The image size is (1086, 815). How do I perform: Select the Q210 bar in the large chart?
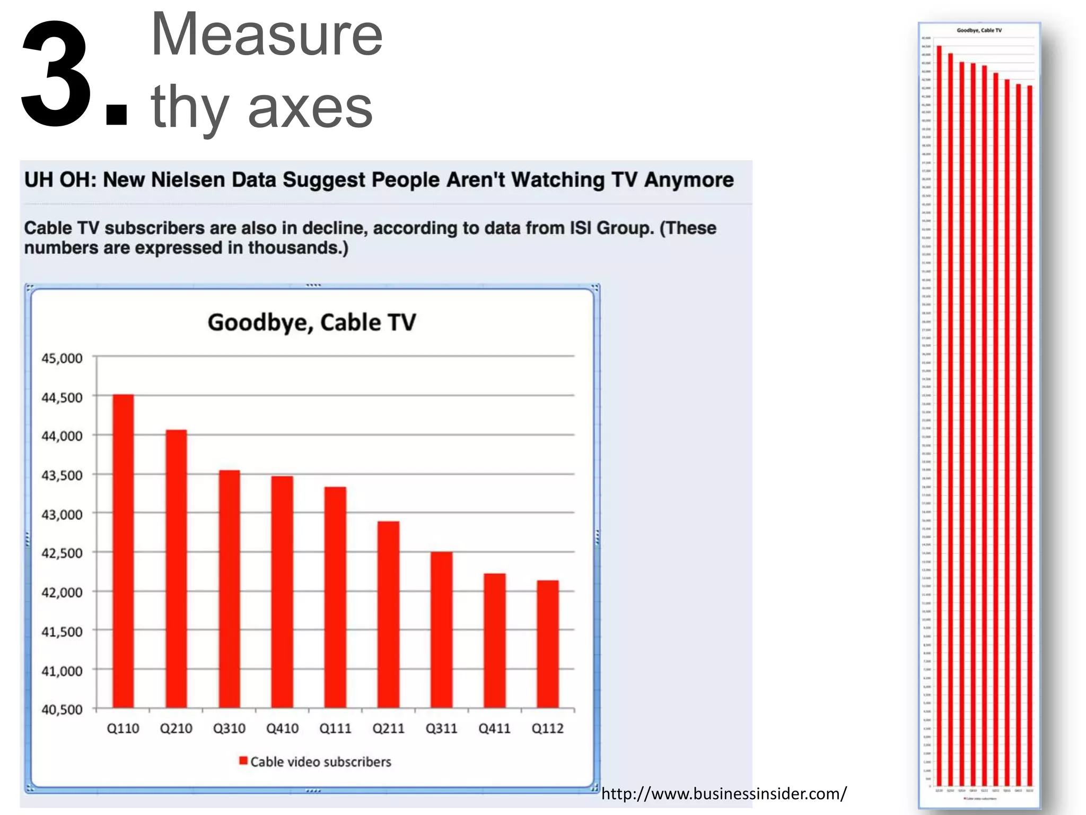coord(176,568)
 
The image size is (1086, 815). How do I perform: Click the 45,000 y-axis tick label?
coord(62,359)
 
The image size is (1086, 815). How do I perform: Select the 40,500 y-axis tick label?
coord(62,710)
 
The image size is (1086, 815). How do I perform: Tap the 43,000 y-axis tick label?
coord(62,515)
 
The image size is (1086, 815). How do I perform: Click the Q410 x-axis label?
coord(282,729)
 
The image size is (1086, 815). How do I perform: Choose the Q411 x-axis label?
coord(494,729)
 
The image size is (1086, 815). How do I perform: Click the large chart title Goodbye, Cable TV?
coord(312,323)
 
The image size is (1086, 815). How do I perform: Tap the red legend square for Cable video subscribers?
coord(243,761)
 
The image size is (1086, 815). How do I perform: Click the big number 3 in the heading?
coord(56,74)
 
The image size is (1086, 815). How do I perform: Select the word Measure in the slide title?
coord(267,35)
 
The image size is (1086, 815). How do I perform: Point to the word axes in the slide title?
coord(310,108)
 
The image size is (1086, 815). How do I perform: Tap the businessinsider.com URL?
coord(724,794)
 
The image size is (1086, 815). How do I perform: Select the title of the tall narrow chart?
coord(979,30)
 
